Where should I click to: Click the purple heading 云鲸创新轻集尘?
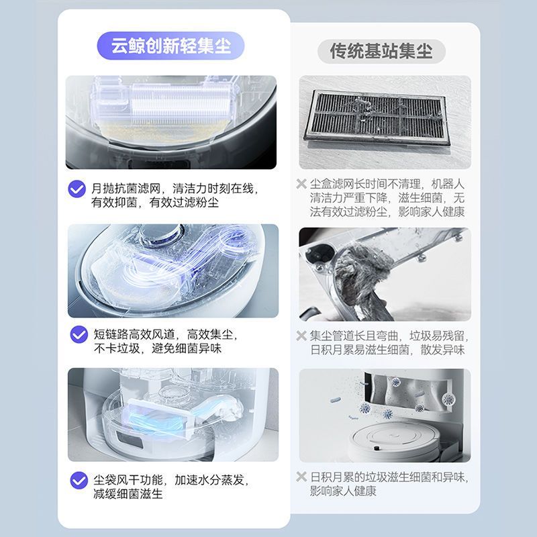click(171, 46)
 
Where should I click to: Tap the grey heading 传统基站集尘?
click(381, 52)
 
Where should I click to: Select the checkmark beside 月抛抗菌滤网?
click(77, 189)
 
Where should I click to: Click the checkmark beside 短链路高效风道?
click(79, 334)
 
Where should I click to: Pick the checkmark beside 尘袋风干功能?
click(79, 480)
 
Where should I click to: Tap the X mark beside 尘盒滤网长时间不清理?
click(301, 184)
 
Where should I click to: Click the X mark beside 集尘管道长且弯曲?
click(301, 335)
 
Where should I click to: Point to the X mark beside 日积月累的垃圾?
click(301, 477)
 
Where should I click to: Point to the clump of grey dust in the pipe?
click(363, 271)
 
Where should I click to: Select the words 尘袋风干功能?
click(128, 480)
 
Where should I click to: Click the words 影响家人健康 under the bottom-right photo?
click(343, 491)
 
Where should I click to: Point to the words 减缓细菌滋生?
click(128, 494)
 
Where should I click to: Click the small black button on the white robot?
click(377, 448)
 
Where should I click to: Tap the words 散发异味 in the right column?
click(442, 350)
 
